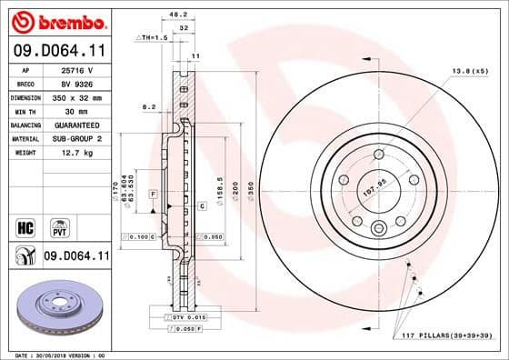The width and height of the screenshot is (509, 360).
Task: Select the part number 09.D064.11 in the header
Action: (x=56, y=53)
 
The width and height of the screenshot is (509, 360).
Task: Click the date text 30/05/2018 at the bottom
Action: (x=55, y=354)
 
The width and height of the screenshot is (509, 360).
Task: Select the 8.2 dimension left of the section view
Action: (x=149, y=107)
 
